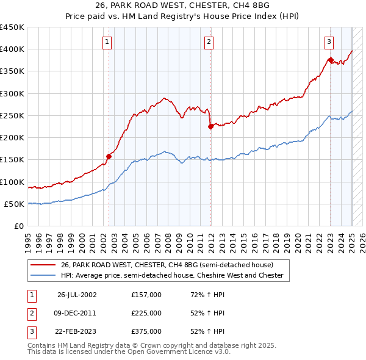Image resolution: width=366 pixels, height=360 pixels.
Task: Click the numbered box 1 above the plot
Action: (107, 42)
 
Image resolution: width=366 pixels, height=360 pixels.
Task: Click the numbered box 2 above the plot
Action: (209, 42)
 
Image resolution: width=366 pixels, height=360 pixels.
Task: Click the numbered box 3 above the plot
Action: (329, 42)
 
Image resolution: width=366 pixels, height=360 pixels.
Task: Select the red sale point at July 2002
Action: (109, 156)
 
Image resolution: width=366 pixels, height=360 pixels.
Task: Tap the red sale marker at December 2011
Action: (210, 126)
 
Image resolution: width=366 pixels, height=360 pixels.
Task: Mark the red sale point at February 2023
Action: (331, 60)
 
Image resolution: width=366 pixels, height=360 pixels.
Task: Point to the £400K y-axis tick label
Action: (12, 49)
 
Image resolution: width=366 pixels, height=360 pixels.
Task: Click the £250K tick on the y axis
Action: (12, 115)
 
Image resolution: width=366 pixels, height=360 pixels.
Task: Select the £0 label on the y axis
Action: (19, 226)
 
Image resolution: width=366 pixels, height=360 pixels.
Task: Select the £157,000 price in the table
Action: (146, 295)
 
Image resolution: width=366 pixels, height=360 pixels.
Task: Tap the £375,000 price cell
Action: (146, 331)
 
